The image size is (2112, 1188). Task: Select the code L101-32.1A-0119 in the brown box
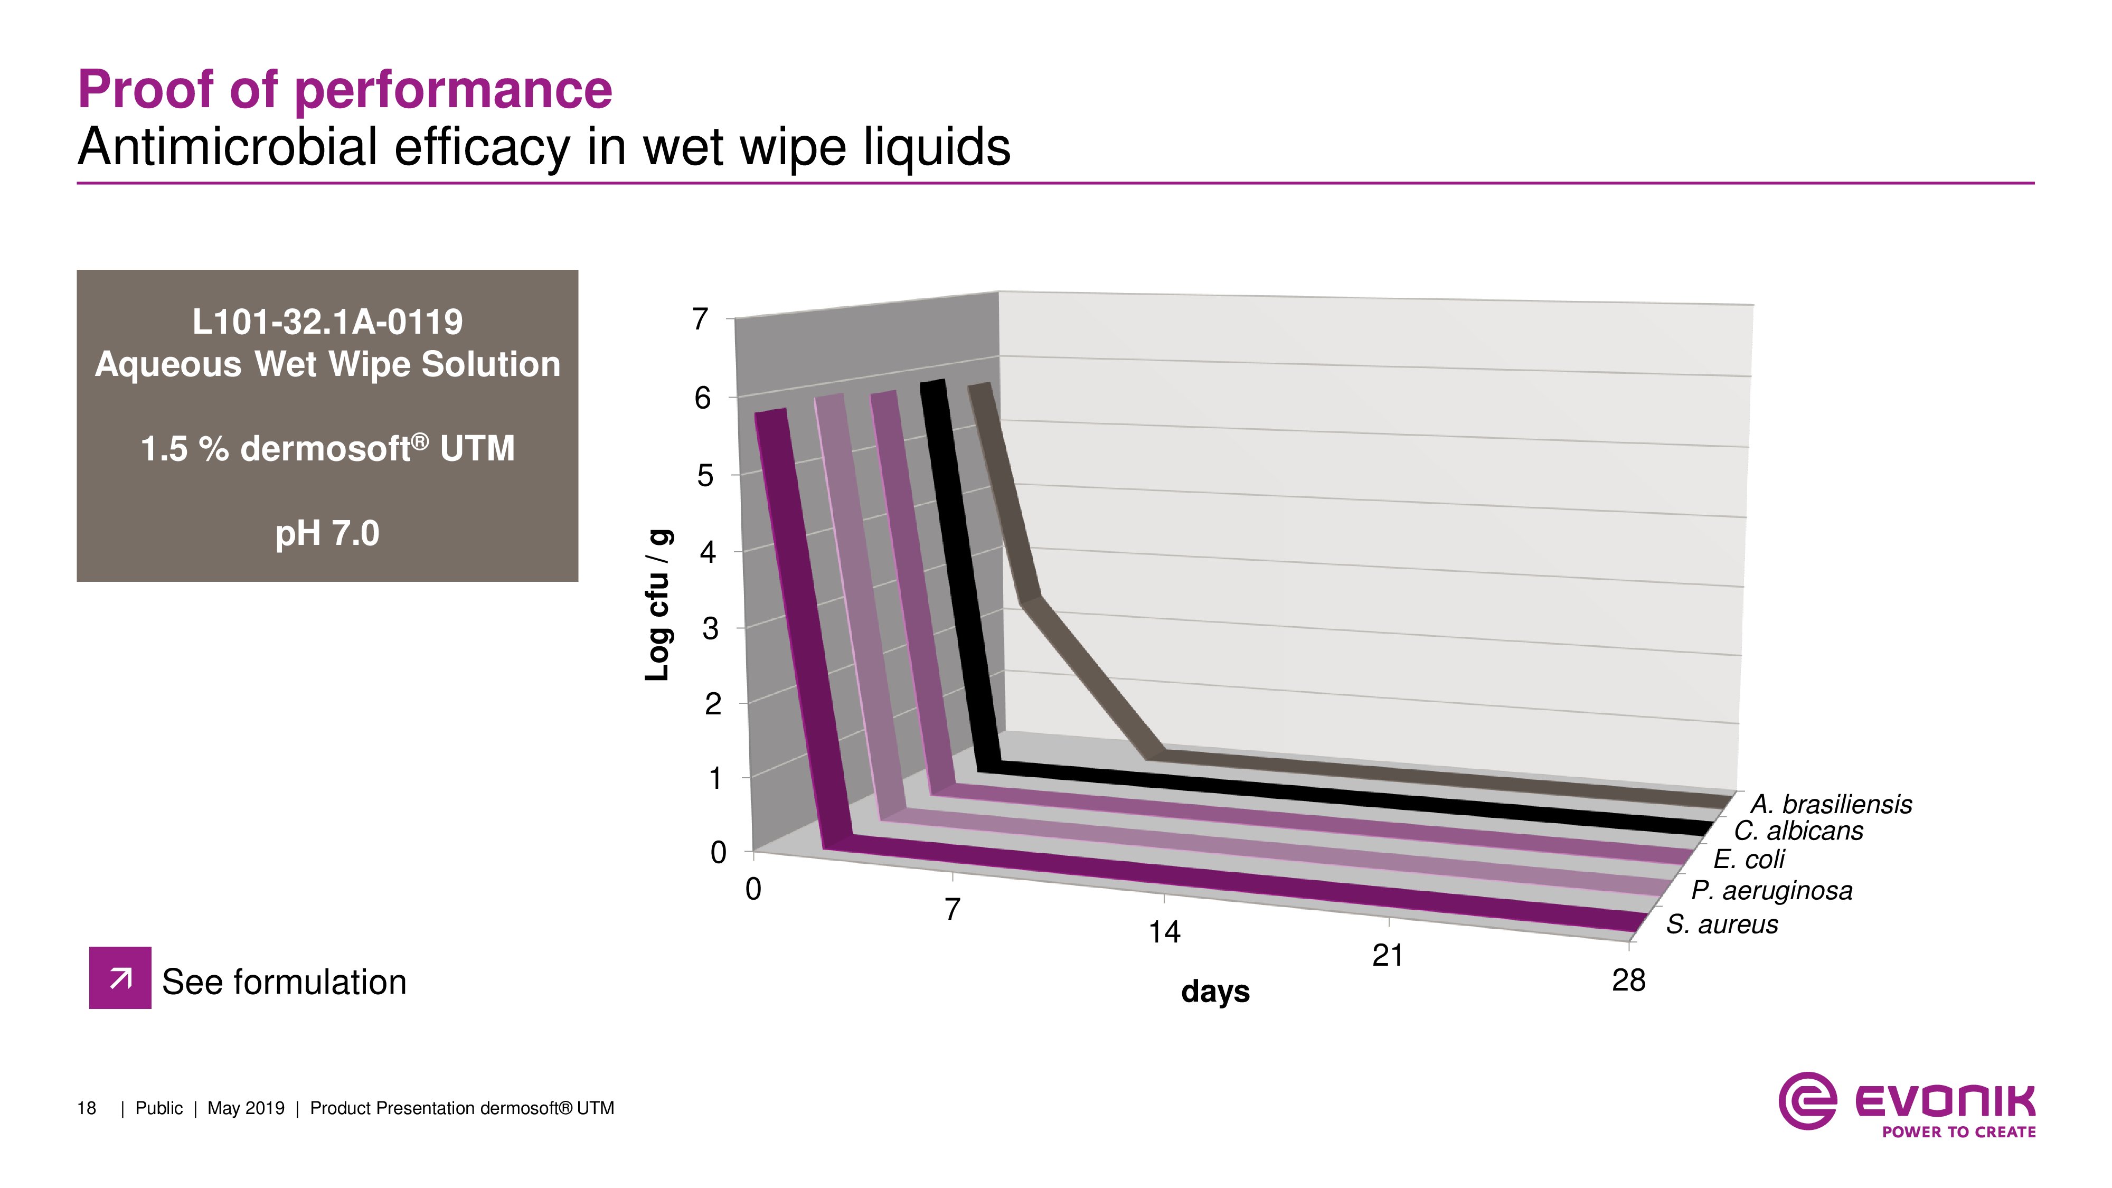coord(327,322)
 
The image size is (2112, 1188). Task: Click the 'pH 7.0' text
coord(327,534)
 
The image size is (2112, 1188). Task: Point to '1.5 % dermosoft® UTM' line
coord(327,448)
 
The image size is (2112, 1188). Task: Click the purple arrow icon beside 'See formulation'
coord(120,977)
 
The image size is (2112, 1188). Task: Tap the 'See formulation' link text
coord(284,982)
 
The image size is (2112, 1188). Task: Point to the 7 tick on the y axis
coord(700,319)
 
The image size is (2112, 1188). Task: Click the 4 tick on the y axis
coord(707,552)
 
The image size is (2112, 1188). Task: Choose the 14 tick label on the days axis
coord(1163,932)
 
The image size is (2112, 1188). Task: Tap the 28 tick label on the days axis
coord(1628,980)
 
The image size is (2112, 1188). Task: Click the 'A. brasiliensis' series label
coord(1831,804)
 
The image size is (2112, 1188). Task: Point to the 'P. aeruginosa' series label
coord(1771,890)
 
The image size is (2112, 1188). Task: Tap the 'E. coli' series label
coord(1749,859)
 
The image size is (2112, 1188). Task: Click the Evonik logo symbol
coord(1807,1100)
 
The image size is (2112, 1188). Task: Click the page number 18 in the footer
coord(86,1108)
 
